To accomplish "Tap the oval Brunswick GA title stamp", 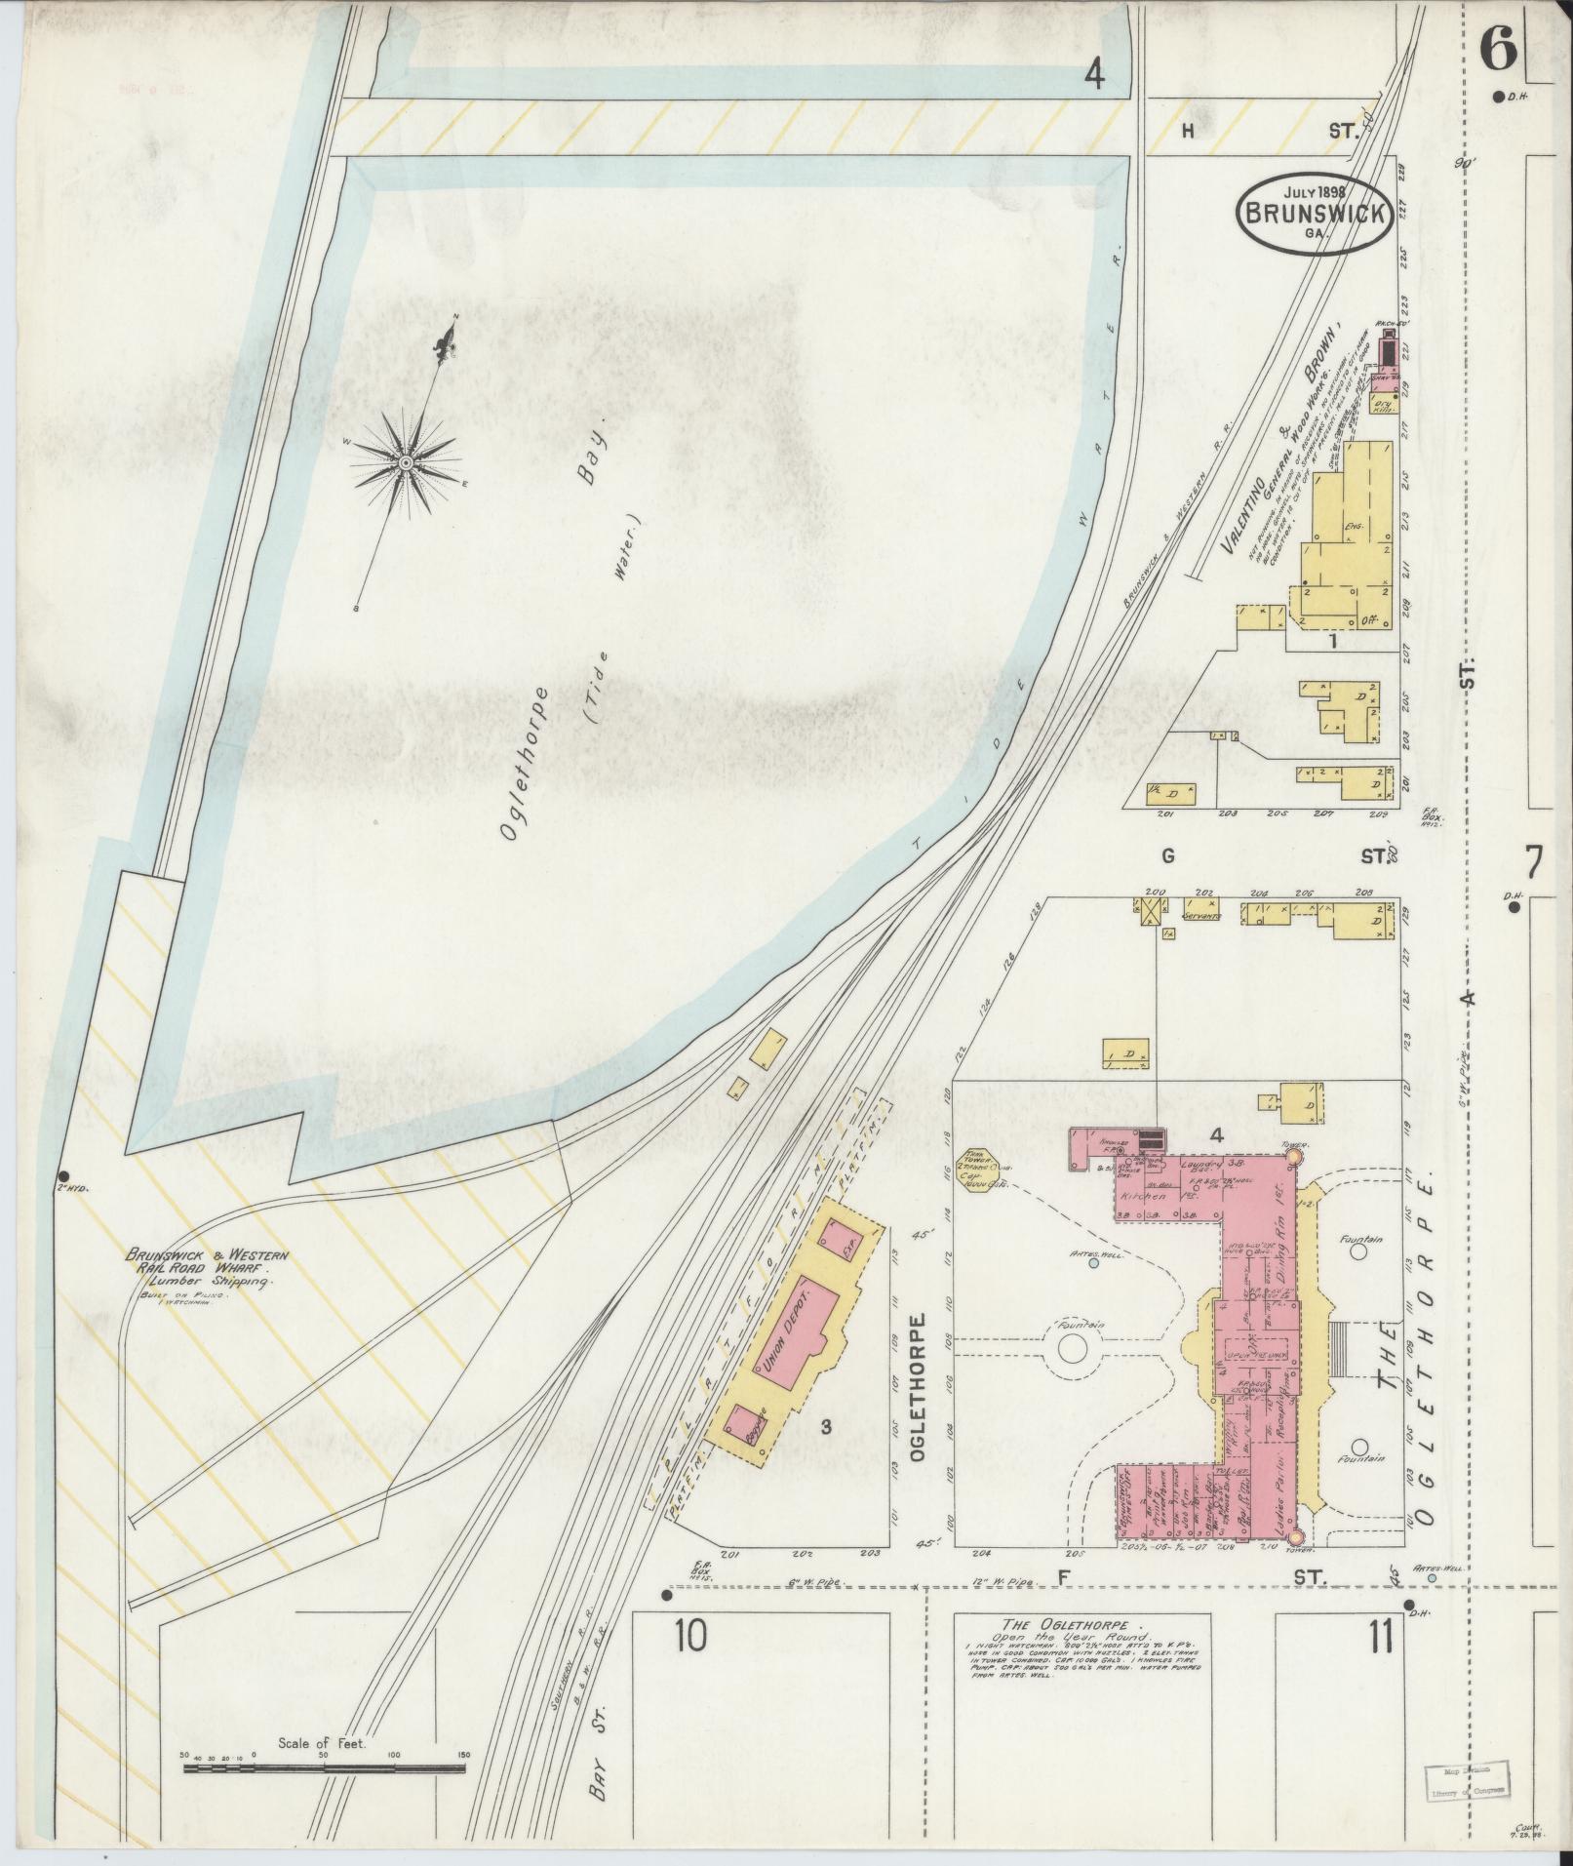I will [x=1314, y=216].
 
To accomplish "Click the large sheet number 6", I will [x=1497, y=49].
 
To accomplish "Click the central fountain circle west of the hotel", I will [x=1071, y=1348].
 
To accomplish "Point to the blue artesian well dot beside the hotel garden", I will [x=1093, y=1262].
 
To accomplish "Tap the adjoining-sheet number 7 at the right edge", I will [x=1534, y=862].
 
